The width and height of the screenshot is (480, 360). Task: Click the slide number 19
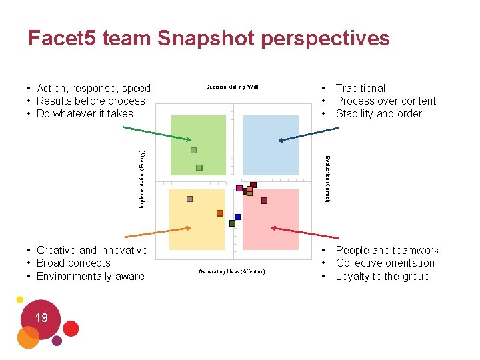[x=41, y=318]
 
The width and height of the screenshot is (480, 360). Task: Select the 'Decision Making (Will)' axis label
[x=232, y=87]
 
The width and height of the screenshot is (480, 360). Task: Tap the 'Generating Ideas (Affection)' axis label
[x=232, y=271]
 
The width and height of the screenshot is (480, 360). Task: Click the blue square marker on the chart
[x=237, y=217]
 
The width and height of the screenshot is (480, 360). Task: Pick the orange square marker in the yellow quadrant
[x=219, y=213]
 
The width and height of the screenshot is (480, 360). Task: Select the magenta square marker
[x=239, y=188]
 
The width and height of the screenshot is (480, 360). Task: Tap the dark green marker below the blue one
[x=232, y=223]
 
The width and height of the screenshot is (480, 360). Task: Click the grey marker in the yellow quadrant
[x=190, y=199]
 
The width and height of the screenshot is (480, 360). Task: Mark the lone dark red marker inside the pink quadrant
[x=264, y=200]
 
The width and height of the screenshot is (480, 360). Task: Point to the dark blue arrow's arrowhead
[x=281, y=141]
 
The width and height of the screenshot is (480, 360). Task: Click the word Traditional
[x=360, y=88]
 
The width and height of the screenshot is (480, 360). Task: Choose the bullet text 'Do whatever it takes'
[x=85, y=113]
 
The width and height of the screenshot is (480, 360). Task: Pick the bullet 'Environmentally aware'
[x=90, y=276]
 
